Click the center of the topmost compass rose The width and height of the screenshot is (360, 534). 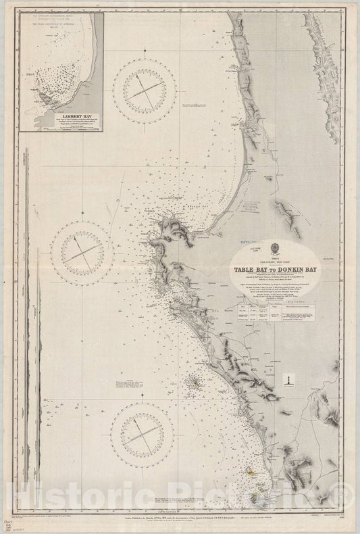tap(144, 91)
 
